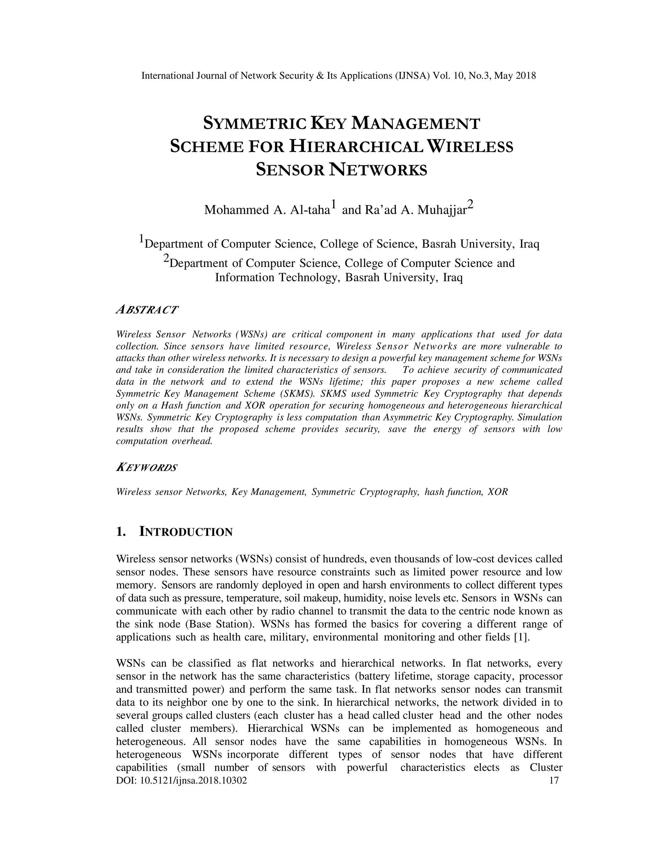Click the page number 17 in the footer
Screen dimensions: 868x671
(x=553, y=781)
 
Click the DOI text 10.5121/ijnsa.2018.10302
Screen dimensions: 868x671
(x=194, y=781)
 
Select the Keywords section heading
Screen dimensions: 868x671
(x=146, y=467)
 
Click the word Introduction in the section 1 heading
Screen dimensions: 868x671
(x=186, y=532)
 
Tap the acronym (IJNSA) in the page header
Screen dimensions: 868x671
(x=412, y=76)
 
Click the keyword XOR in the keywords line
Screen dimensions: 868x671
(x=498, y=492)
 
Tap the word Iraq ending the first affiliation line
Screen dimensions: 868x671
(x=529, y=244)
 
